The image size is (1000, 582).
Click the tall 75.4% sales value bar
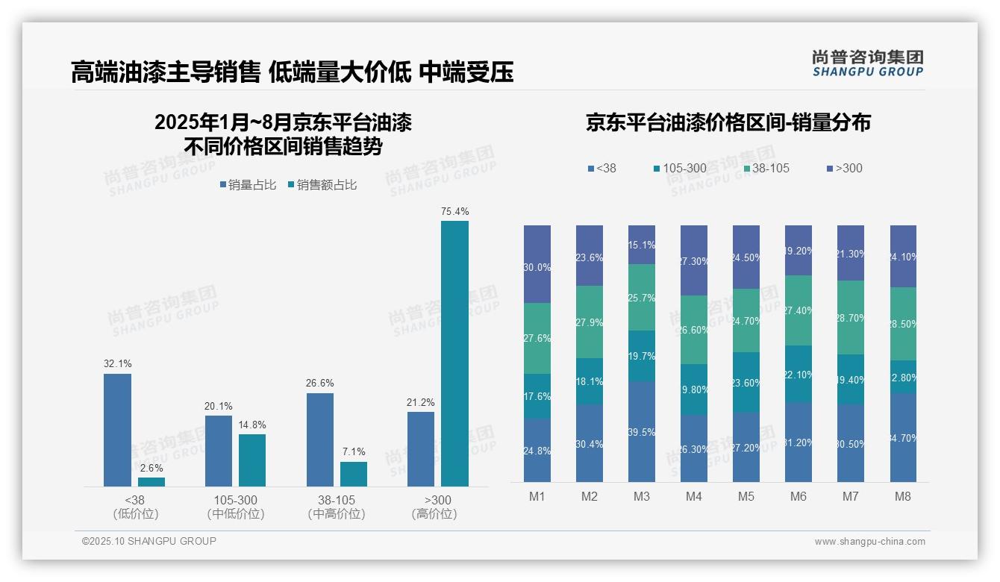pos(454,354)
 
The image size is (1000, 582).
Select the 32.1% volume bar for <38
pos(117,430)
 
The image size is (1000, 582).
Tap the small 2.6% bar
pos(151,482)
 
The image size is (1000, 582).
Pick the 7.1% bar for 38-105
pos(354,474)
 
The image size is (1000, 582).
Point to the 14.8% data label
pos(252,425)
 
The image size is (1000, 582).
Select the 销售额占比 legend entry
pos(322,185)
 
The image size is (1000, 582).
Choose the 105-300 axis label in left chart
pos(236,500)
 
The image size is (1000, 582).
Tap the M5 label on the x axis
pos(746,497)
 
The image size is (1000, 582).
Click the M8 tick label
pos(903,497)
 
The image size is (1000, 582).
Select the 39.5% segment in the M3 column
pos(642,431)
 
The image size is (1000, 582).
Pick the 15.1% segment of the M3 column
pos(642,245)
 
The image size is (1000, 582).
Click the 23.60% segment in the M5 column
pos(746,382)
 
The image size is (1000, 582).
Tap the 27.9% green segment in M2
pos(590,322)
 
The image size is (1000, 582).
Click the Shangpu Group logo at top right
pos(867,63)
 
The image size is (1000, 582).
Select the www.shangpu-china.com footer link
pos(869,542)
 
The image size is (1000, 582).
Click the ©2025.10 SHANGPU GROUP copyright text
pos(149,541)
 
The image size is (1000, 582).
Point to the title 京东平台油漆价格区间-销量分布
pos(728,123)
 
